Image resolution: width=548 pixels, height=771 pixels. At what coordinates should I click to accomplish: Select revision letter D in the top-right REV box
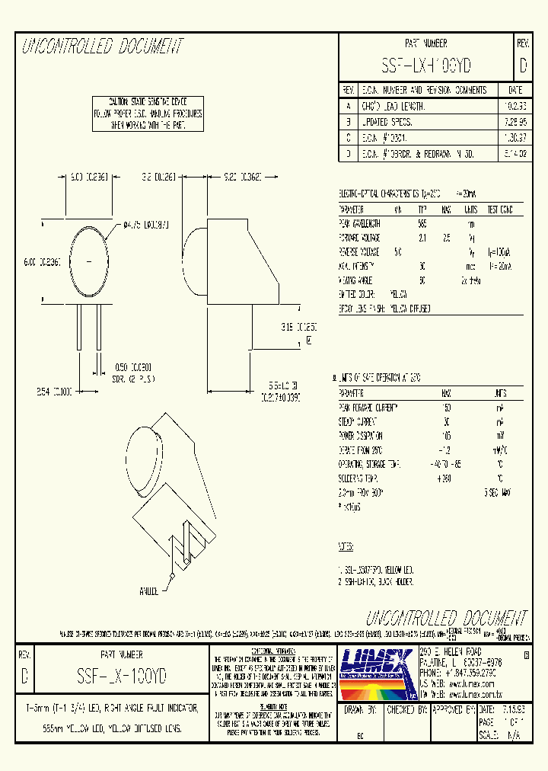[x=523, y=66]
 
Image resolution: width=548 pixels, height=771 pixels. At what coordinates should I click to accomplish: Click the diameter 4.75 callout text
[x=146, y=226]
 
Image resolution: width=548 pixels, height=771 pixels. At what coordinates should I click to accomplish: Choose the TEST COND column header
[x=499, y=210]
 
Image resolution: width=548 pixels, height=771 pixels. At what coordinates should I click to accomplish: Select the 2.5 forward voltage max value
[x=447, y=237]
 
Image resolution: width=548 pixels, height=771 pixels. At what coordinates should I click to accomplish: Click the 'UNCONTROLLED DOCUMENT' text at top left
[x=103, y=47]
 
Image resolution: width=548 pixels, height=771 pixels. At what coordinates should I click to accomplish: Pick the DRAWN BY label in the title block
[x=361, y=709]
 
